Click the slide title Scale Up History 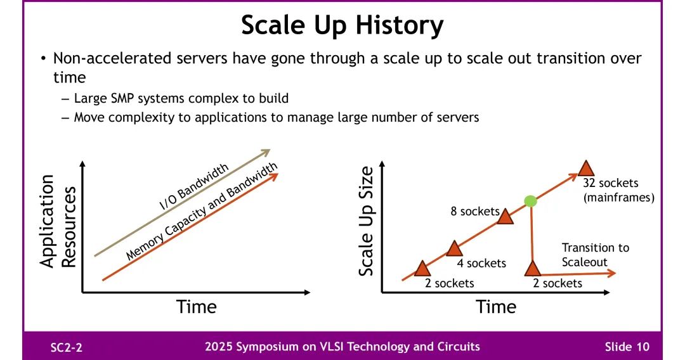tap(342, 26)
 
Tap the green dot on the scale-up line tap(530, 201)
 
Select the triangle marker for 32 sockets tap(586, 169)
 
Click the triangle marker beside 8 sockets tap(506, 216)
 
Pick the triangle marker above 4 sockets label tap(454, 248)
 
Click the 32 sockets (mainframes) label tap(618, 190)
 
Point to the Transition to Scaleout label tap(596, 255)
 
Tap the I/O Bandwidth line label tap(193, 187)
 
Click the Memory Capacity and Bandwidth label tap(202, 211)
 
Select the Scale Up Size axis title tap(366, 221)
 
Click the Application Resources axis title tap(58, 221)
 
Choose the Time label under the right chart tap(496, 307)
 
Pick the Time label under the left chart tap(196, 307)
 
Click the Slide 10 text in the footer tap(627, 347)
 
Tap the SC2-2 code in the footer tap(67, 347)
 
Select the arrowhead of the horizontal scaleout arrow tap(611, 273)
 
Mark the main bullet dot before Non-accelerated tap(43, 58)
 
